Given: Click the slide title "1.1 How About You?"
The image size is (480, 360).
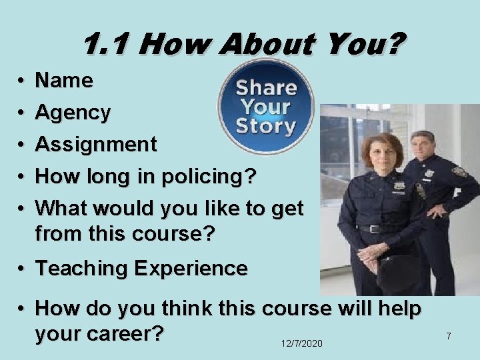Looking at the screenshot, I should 243,45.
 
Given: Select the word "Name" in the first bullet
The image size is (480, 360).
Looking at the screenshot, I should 64,81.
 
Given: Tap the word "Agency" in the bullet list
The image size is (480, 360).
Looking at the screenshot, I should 73,113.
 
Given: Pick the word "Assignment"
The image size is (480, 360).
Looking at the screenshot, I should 96,144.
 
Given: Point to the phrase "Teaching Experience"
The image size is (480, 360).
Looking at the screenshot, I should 141,269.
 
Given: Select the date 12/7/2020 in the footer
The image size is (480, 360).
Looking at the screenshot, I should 301,343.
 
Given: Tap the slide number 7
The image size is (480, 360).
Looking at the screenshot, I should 449,337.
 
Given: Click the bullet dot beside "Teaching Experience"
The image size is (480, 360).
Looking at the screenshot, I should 22,269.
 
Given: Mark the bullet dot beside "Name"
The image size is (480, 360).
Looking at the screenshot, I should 22,81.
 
